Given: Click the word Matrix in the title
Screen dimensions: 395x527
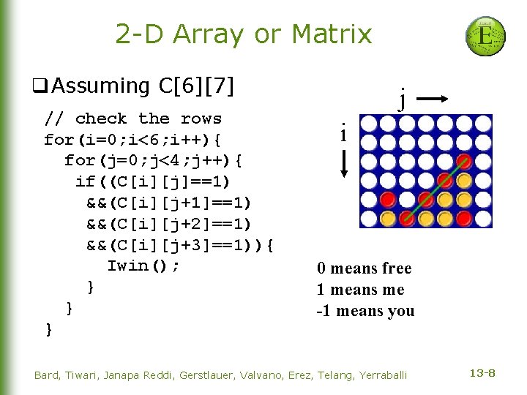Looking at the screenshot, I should point(332,34).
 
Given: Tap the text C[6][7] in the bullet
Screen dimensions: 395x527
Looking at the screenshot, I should point(196,86).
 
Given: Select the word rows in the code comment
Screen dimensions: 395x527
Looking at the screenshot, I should point(201,118).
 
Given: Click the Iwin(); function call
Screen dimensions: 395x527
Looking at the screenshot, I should point(143,266).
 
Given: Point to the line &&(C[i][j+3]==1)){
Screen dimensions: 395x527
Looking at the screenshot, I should point(180,245).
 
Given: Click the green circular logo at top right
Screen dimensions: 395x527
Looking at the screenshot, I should point(485,37).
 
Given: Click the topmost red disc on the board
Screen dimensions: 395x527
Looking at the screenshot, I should point(463,162).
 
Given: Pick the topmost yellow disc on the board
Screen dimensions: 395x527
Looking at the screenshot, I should point(463,180).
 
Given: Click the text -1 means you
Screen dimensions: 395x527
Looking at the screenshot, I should point(365,311).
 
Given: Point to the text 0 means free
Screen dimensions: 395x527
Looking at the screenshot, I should point(364,268).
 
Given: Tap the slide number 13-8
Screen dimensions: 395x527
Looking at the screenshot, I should point(482,374).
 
